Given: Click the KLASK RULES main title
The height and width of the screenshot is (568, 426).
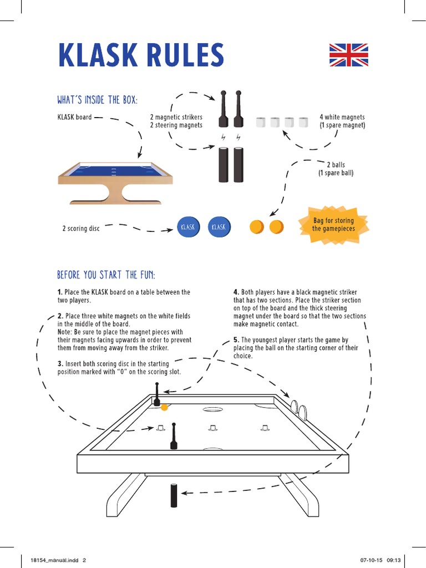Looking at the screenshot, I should pyautogui.click(x=141, y=55).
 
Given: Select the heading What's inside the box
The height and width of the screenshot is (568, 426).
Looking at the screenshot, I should pyautogui.click(x=97, y=100).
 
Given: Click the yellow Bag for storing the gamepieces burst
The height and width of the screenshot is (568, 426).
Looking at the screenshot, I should pyautogui.click(x=333, y=225).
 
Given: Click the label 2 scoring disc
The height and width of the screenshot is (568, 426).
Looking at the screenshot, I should pyautogui.click(x=81, y=229).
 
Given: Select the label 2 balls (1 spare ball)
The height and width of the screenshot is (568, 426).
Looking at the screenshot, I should pyautogui.click(x=335, y=169).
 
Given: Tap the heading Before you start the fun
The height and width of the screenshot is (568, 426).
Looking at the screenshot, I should pyautogui.click(x=106, y=275).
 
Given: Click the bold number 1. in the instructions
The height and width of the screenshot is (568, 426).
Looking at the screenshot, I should pyautogui.click(x=60, y=292).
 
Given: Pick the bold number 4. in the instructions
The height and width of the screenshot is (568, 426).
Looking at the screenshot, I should pyautogui.click(x=236, y=292).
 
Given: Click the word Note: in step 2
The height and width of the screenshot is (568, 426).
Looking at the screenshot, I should pyautogui.click(x=65, y=332).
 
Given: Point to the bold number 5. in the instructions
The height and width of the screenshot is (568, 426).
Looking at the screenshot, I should pyautogui.click(x=236, y=339).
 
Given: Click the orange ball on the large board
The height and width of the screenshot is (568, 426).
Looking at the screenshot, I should pyautogui.click(x=164, y=408).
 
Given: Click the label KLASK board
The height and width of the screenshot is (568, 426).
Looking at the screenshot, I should pyautogui.click(x=74, y=117).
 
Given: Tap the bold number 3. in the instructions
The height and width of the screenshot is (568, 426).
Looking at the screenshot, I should pyautogui.click(x=60, y=364).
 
